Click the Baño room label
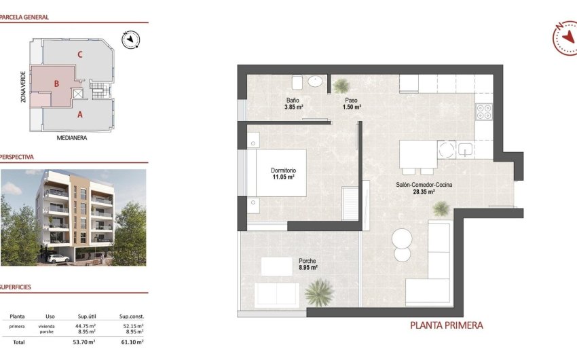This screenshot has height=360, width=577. coord(293,100)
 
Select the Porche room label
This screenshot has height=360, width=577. coord(308,260)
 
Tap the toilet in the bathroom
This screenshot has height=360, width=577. coord(297,83)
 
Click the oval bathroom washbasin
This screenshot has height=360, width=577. coord(316,82)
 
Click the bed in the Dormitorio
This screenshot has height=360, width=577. coord(274,173)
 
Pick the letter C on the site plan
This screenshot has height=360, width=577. coord(80,54)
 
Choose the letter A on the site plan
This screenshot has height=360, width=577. coord(80,115)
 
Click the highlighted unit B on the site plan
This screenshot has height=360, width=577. coord(58,84)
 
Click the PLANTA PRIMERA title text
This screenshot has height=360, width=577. coord(446,325)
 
